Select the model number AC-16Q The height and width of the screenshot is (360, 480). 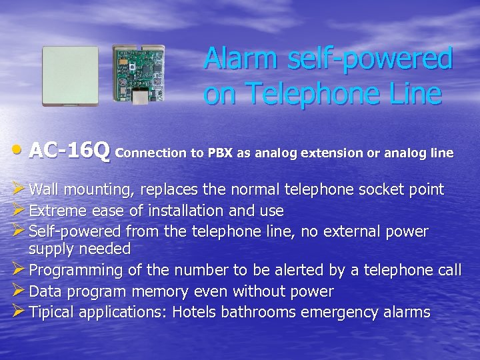coord(70,152)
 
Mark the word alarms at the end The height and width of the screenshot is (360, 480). coord(406,312)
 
